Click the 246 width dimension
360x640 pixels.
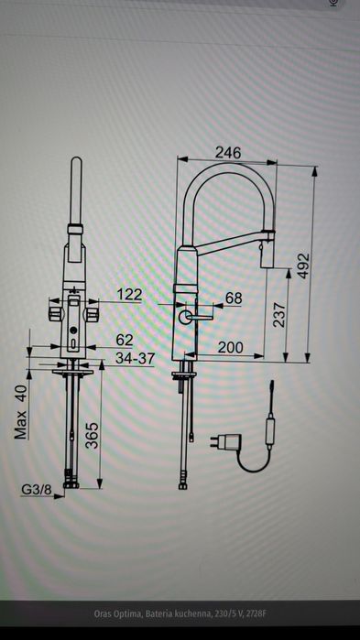pos(228,153)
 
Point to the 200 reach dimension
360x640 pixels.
pos(230,348)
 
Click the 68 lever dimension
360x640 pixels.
pos(234,298)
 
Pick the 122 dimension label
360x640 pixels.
pos(130,294)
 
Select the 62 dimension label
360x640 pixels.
pos(125,340)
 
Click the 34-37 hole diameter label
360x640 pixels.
pos(134,358)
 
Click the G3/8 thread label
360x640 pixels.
pos(36,490)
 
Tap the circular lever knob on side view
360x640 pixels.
pos(186,317)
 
